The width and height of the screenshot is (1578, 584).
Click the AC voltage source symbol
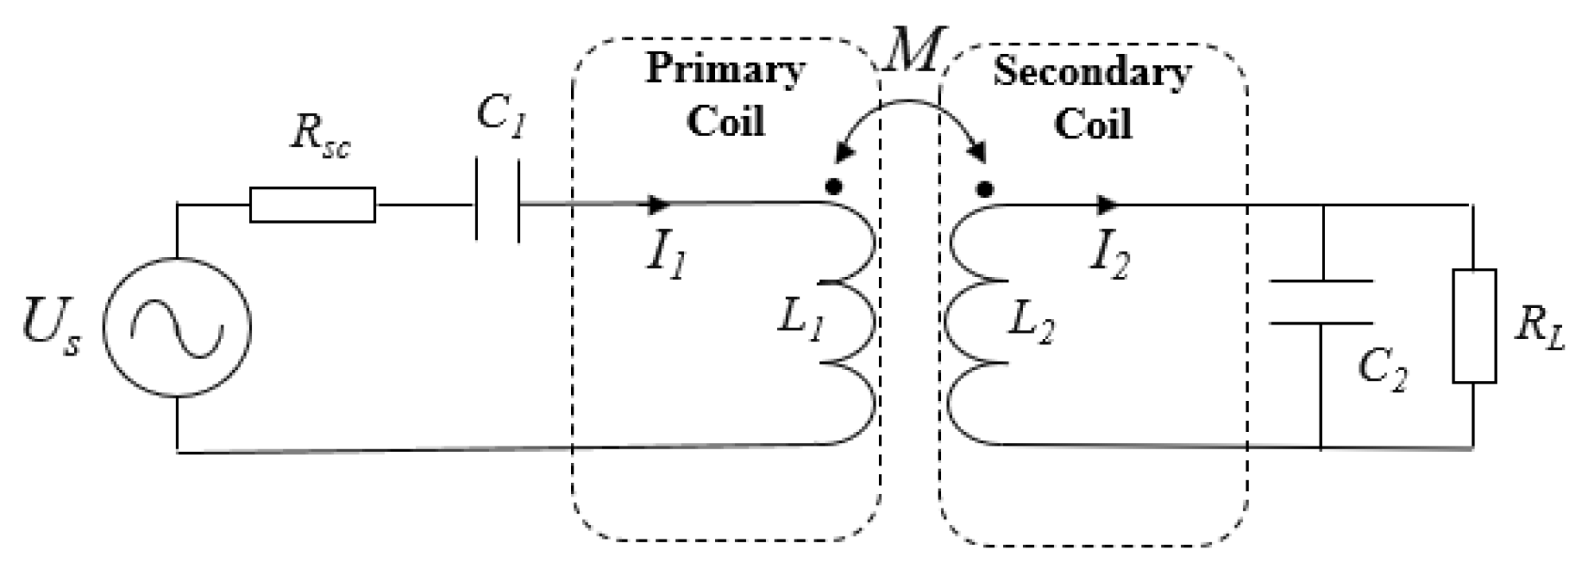[177, 327]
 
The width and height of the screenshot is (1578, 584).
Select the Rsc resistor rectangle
[313, 205]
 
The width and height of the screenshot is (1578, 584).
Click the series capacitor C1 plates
[498, 201]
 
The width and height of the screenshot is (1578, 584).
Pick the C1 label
[501, 117]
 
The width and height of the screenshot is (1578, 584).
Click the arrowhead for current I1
[659, 204]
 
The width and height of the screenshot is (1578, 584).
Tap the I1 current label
[667, 256]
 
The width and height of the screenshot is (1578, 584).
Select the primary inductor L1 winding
[851, 323]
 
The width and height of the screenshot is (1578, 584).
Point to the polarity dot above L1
[833, 188]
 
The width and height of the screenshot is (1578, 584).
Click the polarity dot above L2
[985, 189]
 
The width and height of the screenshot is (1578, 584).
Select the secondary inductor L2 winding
[972, 323]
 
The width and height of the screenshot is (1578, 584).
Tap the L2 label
[1032, 322]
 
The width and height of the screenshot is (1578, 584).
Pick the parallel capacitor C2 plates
[1320, 302]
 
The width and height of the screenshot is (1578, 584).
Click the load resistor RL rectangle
[1474, 326]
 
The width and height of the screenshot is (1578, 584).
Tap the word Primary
[725, 70]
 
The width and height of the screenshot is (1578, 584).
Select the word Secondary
[1092, 73]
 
